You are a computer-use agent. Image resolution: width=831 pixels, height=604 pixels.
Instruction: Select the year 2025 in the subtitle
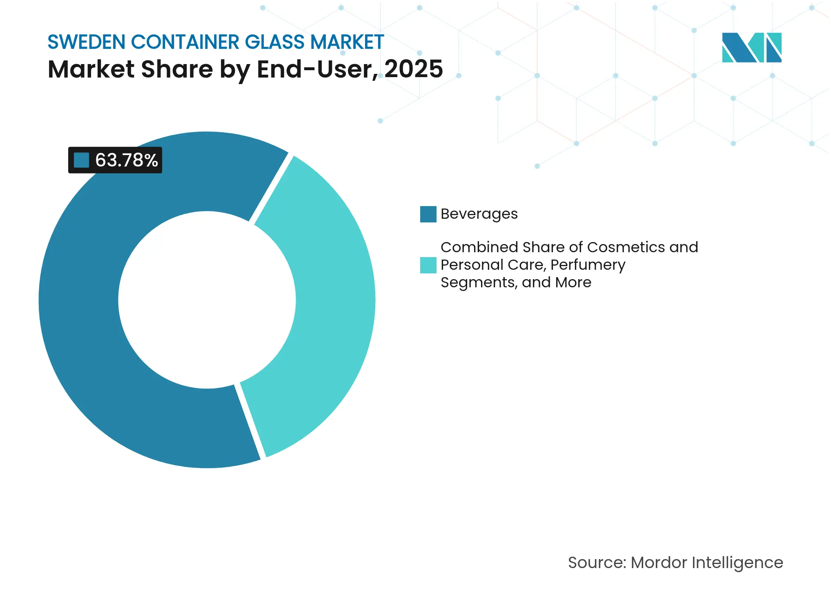(x=413, y=69)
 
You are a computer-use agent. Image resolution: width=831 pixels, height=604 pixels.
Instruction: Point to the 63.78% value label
(x=126, y=160)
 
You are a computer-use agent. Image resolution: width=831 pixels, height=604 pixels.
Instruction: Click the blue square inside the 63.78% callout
(x=81, y=160)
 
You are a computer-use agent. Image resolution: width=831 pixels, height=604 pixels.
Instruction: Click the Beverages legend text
(x=479, y=214)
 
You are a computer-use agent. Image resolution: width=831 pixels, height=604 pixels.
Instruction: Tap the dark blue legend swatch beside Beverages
(x=428, y=214)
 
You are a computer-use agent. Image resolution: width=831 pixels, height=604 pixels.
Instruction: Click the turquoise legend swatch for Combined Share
(x=428, y=265)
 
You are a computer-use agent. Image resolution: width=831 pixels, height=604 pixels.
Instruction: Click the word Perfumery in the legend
(x=588, y=265)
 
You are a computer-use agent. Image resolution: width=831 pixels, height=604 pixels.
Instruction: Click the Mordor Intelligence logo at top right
(x=751, y=47)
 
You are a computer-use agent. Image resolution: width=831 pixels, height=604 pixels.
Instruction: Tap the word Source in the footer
(x=596, y=562)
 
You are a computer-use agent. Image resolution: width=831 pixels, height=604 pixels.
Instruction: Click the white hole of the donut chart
(x=207, y=300)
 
